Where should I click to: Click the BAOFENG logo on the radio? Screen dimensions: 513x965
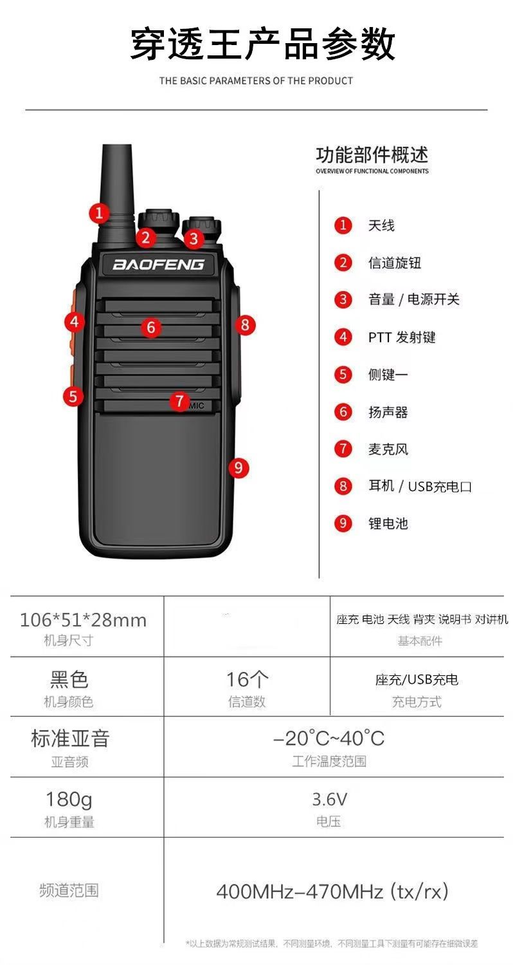(x=158, y=264)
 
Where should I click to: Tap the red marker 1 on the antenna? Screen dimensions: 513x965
(x=100, y=213)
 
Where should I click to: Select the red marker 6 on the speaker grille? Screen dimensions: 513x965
(x=150, y=328)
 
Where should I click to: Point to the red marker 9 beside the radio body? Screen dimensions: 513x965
(x=239, y=468)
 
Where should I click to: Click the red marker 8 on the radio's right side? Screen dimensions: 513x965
(x=245, y=324)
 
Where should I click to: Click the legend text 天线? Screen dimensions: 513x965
(x=381, y=225)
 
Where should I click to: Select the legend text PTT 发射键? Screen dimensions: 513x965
(x=402, y=337)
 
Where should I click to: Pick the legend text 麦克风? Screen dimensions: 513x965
(x=388, y=449)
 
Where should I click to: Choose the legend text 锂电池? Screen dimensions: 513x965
(x=388, y=523)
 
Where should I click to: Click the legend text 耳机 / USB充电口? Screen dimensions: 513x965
(x=420, y=487)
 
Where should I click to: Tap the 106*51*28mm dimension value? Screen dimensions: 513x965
(x=83, y=620)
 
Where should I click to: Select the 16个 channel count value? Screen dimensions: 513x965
(x=247, y=679)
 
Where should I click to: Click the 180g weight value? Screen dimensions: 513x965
(x=69, y=800)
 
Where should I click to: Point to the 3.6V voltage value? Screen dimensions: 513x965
(x=329, y=799)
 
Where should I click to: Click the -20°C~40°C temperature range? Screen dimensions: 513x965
(x=328, y=738)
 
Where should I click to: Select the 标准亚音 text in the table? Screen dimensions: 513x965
(x=70, y=738)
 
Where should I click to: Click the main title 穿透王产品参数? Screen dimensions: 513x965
(x=262, y=44)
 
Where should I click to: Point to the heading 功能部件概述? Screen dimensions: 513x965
(x=372, y=155)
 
